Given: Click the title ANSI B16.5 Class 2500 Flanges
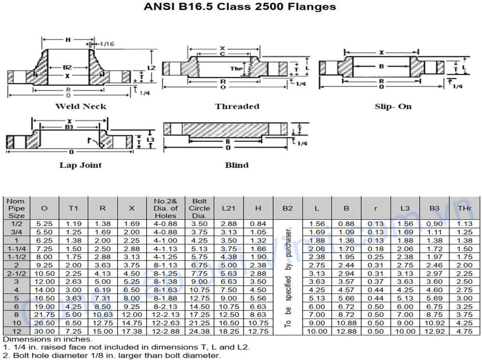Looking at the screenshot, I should point(240,7).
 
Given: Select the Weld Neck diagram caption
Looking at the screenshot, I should point(80,107).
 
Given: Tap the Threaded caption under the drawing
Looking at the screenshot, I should point(237,107).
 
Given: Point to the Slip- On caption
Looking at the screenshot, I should point(393,107).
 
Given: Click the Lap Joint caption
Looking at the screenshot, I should point(80,165).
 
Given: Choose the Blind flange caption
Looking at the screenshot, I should point(237,165).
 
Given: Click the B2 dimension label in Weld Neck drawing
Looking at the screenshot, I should point(67,68).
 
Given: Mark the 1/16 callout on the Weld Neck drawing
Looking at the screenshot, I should point(107,44).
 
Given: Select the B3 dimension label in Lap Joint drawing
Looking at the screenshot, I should point(69,127).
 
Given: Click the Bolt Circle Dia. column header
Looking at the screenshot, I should point(200,208).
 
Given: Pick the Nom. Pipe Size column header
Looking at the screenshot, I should point(16,208).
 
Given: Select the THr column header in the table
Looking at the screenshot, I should point(464,208).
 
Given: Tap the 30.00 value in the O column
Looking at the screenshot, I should point(44,331).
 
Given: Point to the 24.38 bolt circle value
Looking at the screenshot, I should point(200,331).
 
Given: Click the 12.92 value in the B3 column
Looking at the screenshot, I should point(434,331).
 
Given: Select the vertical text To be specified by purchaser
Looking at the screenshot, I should point(288,275).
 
